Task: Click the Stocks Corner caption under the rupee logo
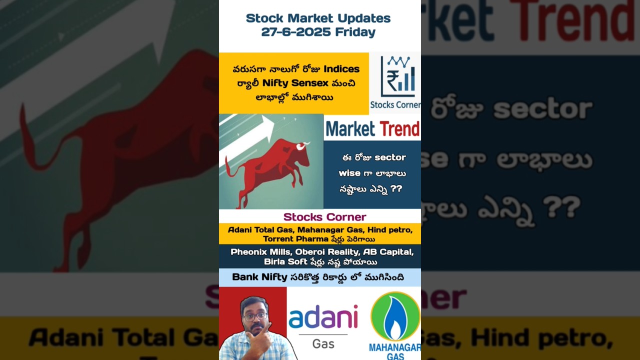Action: point(395,105)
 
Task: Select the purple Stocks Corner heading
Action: point(324,217)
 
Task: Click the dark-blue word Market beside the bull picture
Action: point(350,129)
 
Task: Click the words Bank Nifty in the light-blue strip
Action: point(259,277)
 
